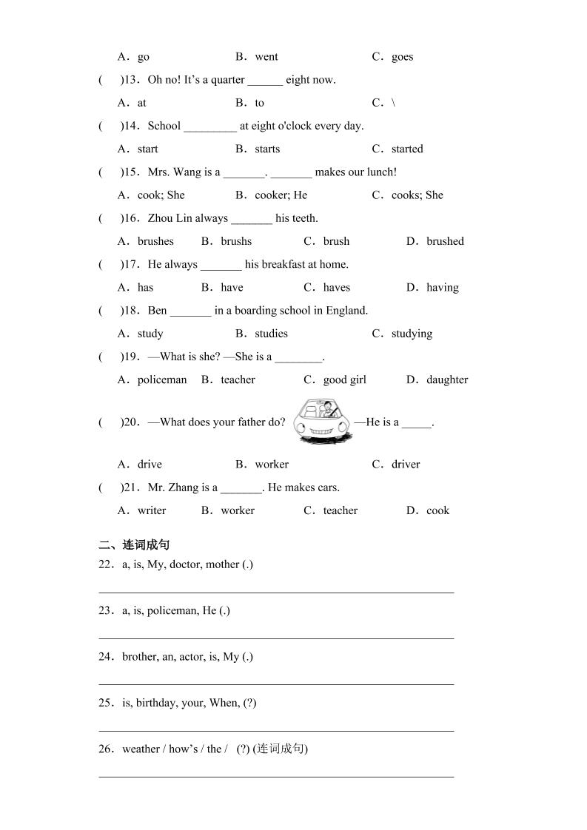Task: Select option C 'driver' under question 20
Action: [x=406, y=465]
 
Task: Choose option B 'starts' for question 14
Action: [x=266, y=149]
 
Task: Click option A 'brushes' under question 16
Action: [x=155, y=241]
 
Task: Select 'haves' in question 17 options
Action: [x=337, y=288]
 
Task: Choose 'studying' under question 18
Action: [x=412, y=334]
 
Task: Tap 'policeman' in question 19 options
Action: [x=162, y=380]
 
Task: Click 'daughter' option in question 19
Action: [x=447, y=380]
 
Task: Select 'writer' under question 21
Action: [x=152, y=510]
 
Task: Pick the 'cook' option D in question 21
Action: [x=437, y=510]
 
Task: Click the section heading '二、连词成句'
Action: [x=134, y=545]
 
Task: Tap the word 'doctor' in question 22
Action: [x=185, y=564]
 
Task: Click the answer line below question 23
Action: [x=276, y=638]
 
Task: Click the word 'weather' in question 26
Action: [x=141, y=749]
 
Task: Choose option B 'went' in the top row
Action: [x=266, y=57]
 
